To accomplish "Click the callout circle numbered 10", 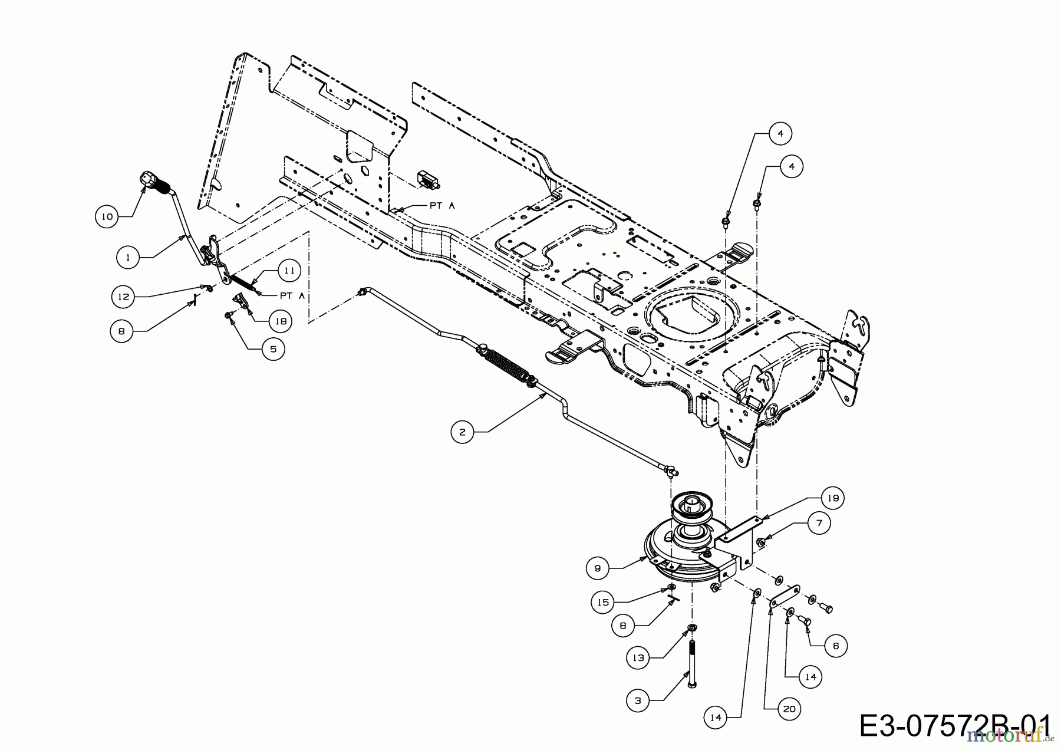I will click(107, 216).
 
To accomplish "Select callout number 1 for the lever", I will click(128, 257).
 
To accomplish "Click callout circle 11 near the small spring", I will click(289, 270).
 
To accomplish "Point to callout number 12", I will click(123, 297).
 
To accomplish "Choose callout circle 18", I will click(281, 321).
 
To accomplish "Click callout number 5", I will click(273, 348).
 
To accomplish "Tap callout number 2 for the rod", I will click(462, 432).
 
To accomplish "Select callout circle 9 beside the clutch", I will click(598, 568).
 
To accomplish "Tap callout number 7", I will click(819, 522).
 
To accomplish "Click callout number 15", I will click(604, 602).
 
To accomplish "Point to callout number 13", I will click(638, 658).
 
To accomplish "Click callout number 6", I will click(836, 646).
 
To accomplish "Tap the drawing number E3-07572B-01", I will click(955, 726).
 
